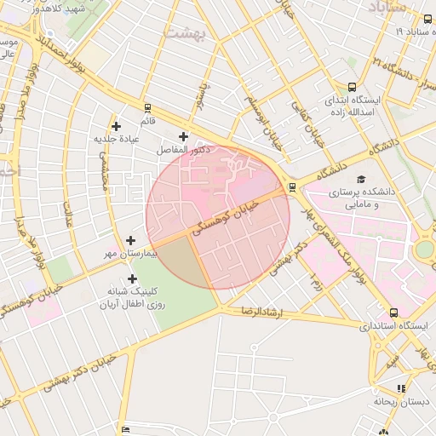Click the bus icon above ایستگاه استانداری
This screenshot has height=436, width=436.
coord(393,313)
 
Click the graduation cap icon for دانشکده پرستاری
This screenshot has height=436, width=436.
coord(361,179)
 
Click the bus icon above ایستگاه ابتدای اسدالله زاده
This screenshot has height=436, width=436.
coord(353,87)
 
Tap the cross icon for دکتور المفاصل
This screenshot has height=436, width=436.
coord(183,136)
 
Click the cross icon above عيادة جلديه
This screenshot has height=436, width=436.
coord(116,126)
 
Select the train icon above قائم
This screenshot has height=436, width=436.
coord(147,108)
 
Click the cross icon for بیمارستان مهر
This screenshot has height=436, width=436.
coord(130,241)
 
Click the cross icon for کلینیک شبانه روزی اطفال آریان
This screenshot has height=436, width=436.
coord(132,278)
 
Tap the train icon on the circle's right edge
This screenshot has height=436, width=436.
coord(293,186)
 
